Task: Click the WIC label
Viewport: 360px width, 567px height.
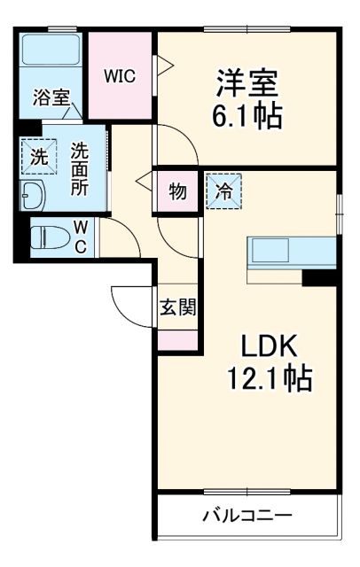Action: click(119, 75)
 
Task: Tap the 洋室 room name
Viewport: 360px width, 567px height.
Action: click(247, 82)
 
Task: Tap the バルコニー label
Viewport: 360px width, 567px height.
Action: click(247, 515)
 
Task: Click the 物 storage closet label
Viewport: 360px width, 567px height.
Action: click(176, 192)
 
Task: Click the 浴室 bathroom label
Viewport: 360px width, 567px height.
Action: click(51, 97)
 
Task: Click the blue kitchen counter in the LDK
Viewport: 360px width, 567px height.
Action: click(291, 252)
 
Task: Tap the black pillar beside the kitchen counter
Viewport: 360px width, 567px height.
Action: click(318, 276)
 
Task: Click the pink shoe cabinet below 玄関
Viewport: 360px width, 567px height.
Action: click(176, 338)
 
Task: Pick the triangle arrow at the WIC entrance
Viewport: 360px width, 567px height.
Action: click(163, 64)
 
